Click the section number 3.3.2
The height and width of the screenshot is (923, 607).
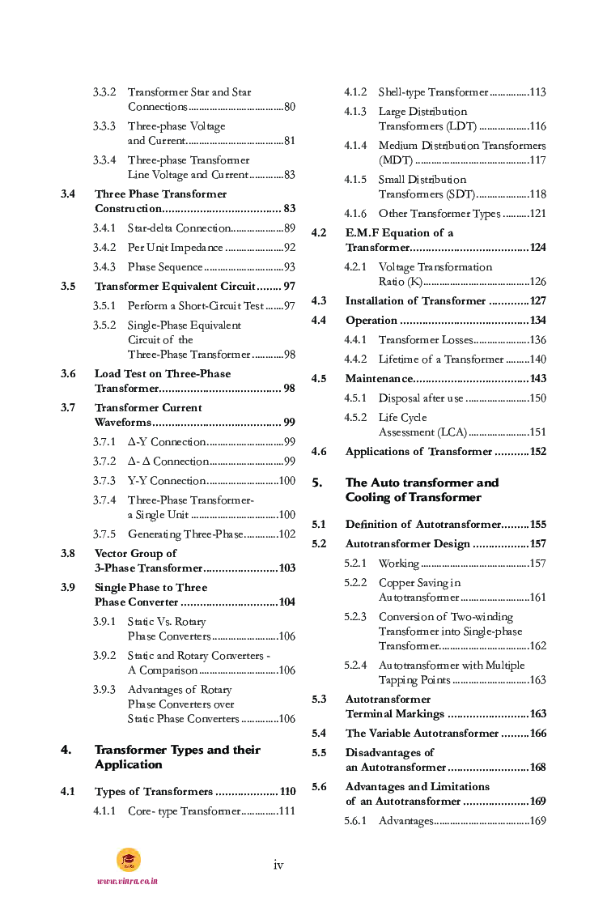(104, 92)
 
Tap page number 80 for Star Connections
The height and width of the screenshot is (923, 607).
(289, 107)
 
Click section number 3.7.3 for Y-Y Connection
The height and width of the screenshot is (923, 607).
(104, 481)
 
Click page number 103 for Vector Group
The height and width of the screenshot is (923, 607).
(287, 568)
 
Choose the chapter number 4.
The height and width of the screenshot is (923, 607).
(66, 750)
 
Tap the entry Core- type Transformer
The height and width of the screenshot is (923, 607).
(184, 811)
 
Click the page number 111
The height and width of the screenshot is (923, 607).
(287, 811)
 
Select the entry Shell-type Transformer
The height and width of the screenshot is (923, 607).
(433, 92)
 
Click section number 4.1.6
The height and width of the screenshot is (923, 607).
(354, 214)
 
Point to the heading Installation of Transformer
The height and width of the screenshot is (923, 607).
(415, 301)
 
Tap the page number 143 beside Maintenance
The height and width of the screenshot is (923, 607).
(537, 379)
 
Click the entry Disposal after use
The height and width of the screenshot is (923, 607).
(421, 398)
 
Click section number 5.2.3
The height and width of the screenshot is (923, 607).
(354, 617)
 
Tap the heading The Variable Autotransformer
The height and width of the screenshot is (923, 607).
(422, 734)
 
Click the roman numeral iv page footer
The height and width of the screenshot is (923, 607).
(278, 865)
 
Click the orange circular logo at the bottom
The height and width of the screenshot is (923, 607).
(128, 860)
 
